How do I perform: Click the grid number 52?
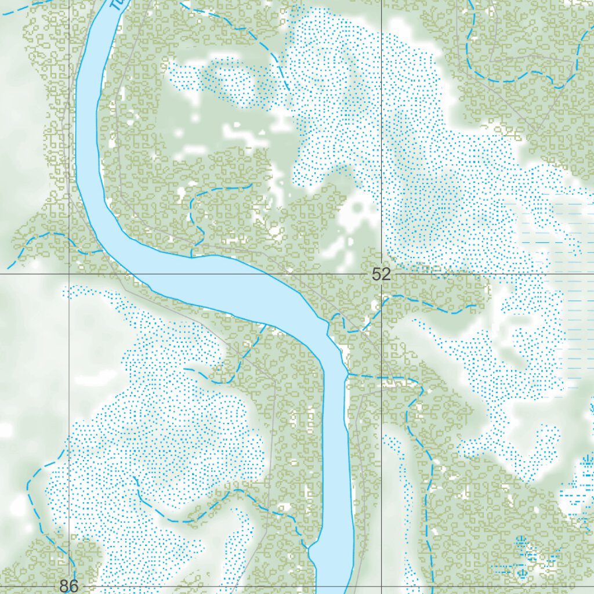[x=381, y=274]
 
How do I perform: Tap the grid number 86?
[x=68, y=585]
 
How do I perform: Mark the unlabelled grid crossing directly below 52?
[x=381, y=586]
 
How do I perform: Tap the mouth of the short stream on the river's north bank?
[x=191, y=256]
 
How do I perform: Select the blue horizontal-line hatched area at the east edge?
[x=571, y=290]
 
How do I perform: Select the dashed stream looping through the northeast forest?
[x=522, y=75]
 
